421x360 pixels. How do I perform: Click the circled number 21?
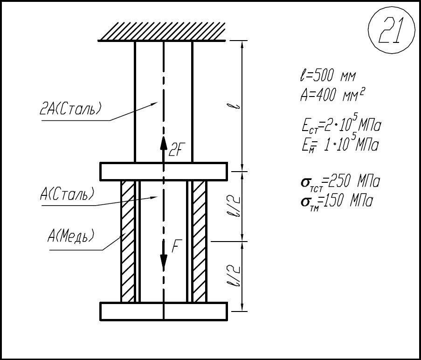pos(391,30)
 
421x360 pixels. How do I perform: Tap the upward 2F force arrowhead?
pos(163,143)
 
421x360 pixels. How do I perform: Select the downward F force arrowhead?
pos(163,261)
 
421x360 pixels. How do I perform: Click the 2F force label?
pos(175,150)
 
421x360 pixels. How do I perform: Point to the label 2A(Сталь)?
pos(70,109)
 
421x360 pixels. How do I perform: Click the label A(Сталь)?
pos(67,194)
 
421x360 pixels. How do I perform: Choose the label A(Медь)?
pos(71,236)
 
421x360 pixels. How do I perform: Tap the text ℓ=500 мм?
pos(328,76)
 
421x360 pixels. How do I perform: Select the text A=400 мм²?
pos(332,95)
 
